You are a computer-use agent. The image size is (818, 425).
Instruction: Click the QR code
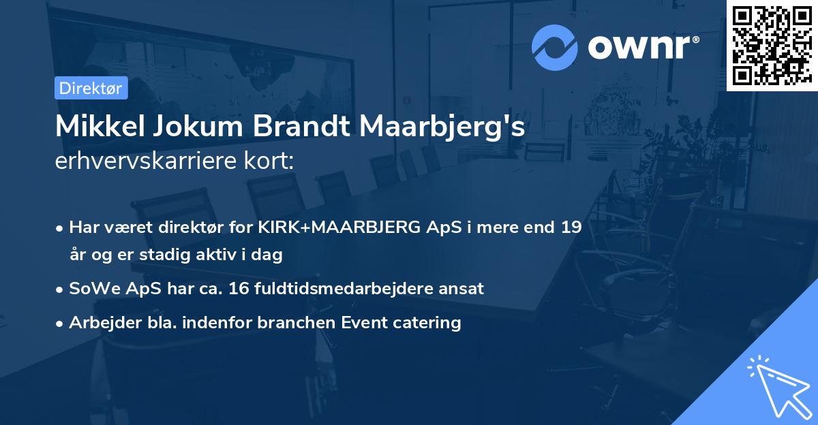pos(772,45)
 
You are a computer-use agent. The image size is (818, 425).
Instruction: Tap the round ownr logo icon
pos(555,48)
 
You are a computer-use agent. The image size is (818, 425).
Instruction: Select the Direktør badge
pos(91,88)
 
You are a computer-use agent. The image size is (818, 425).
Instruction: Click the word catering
pos(428,322)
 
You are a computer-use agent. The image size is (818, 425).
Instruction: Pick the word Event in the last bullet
pos(369,322)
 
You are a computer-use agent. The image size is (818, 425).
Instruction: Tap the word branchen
pos(301,322)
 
